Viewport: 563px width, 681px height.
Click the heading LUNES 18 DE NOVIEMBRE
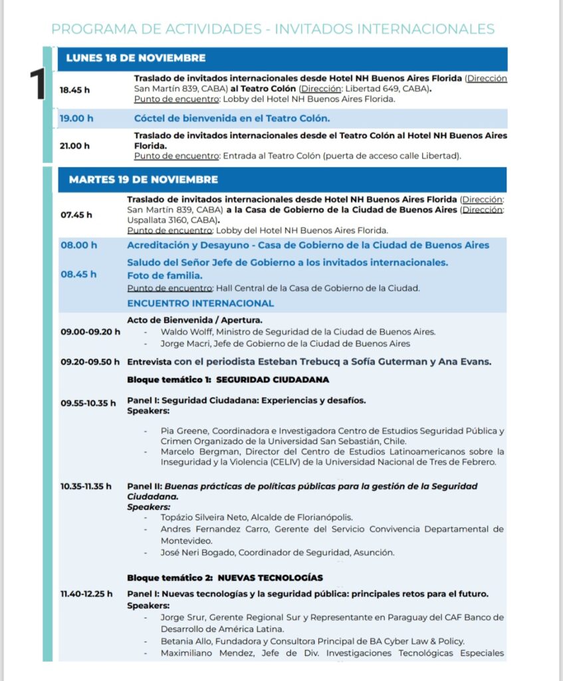(136, 59)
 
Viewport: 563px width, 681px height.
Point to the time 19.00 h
(76, 119)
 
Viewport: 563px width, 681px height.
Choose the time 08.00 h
(78, 245)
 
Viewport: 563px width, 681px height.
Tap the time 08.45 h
(78, 274)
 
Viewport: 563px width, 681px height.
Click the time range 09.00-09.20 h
(90, 332)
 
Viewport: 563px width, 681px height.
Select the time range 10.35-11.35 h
(86, 487)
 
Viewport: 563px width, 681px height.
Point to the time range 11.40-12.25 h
(86, 594)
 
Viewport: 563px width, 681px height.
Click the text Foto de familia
(165, 275)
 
